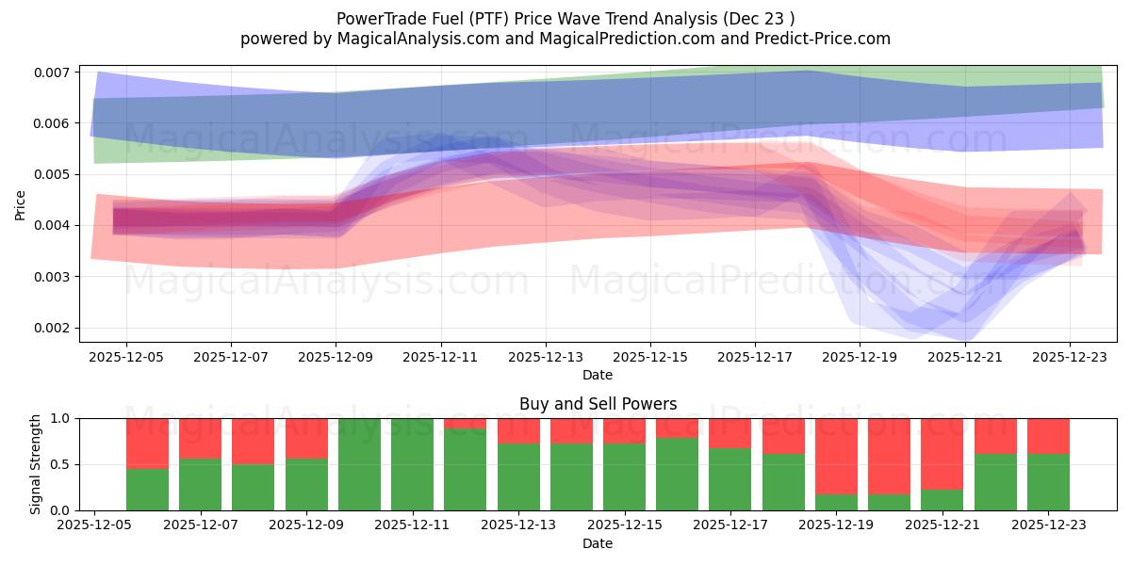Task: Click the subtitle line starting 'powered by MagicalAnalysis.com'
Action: (x=565, y=39)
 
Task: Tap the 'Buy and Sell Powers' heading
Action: (x=598, y=404)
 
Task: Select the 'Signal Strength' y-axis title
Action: (x=36, y=463)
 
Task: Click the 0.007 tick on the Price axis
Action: (x=53, y=73)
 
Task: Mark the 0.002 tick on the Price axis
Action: (x=53, y=328)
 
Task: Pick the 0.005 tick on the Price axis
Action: (x=53, y=174)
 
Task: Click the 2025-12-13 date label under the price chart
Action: (x=545, y=358)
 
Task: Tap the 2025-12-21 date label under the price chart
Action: (x=964, y=358)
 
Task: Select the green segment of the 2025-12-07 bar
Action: (x=200, y=485)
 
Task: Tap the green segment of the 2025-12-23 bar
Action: (x=1048, y=482)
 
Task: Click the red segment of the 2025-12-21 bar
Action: (x=942, y=453)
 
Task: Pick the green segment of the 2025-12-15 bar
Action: (x=624, y=476)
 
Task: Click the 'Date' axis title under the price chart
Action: (x=598, y=375)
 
